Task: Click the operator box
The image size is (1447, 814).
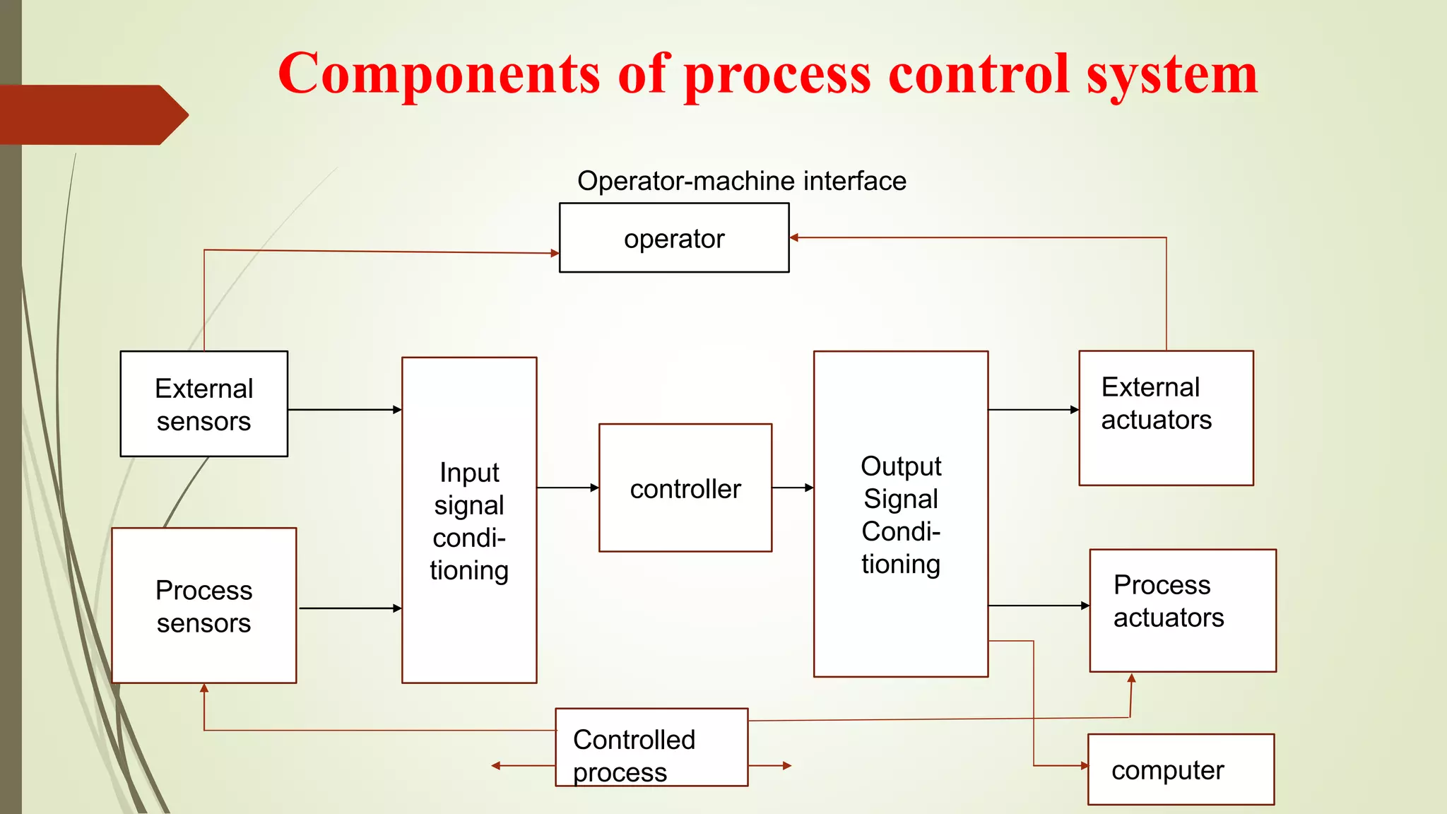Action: (x=674, y=238)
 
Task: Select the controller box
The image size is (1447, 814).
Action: (x=685, y=488)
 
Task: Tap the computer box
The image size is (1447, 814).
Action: (x=1181, y=769)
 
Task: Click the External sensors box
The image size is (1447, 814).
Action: (x=203, y=403)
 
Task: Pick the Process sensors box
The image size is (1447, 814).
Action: (x=203, y=606)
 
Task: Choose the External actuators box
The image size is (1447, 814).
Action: (x=1166, y=418)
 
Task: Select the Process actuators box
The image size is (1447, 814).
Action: (x=1182, y=610)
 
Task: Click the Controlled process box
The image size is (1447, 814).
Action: (x=651, y=747)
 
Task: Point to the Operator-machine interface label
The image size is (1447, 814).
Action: (x=741, y=181)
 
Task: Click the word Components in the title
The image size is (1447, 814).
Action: (x=439, y=73)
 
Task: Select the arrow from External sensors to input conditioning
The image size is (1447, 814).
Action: (x=345, y=410)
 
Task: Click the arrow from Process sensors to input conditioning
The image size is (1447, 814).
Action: (x=350, y=608)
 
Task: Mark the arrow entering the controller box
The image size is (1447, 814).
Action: (x=567, y=488)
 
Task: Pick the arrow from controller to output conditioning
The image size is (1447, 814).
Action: (x=792, y=488)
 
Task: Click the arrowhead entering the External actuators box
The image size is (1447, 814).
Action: (x=1075, y=410)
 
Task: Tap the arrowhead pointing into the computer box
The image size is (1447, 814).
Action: (x=1084, y=765)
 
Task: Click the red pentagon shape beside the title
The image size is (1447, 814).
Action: (x=92, y=114)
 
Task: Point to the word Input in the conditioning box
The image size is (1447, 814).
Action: (x=469, y=473)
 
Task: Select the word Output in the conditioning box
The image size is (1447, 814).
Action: (x=901, y=466)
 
